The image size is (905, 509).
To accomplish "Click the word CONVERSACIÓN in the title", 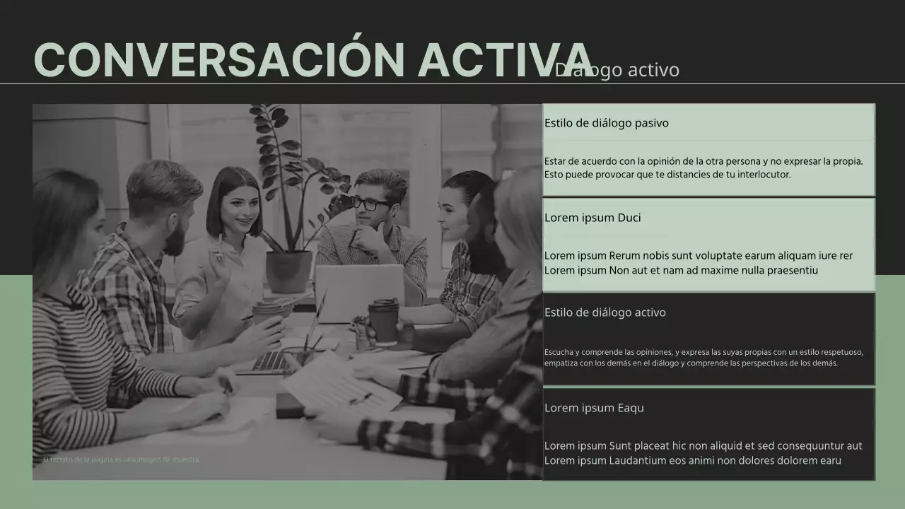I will (x=219, y=60).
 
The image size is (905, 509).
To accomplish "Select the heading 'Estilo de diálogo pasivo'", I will (x=606, y=123).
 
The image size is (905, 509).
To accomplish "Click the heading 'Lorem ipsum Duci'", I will (x=592, y=218).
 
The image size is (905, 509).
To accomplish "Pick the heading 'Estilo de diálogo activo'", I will (x=605, y=312).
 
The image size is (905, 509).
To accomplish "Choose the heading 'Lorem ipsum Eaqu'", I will (x=594, y=408).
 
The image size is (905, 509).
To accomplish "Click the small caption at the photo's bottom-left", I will (x=122, y=460).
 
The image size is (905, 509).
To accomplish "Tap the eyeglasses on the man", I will (x=370, y=204).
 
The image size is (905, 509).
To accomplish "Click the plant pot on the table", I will (x=288, y=271).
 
